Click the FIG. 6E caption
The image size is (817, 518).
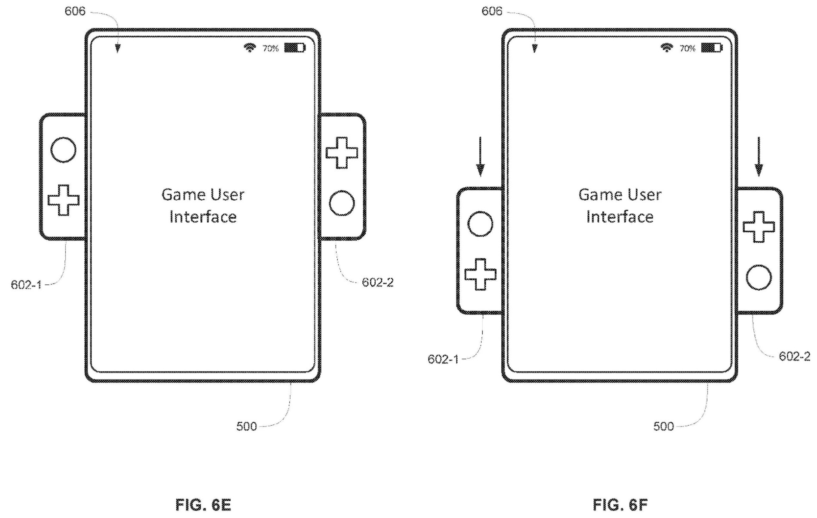point(203,505)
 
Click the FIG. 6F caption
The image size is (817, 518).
point(620,505)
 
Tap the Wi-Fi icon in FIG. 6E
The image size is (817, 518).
point(249,48)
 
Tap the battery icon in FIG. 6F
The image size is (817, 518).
point(711,48)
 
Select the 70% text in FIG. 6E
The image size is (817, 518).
point(270,49)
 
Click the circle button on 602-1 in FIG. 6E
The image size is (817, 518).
point(63,149)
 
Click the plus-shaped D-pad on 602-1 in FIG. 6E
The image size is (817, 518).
point(64,200)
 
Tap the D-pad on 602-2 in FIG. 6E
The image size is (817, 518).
point(342,153)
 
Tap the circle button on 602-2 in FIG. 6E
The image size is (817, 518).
point(342,203)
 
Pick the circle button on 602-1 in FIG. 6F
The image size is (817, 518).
point(480,224)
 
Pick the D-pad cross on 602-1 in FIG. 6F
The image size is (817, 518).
point(480,274)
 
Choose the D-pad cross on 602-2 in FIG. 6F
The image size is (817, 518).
point(759,227)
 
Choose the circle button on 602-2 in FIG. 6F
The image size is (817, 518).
point(759,277)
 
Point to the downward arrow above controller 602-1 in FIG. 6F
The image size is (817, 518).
point(480,156)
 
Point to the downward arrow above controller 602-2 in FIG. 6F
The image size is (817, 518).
point(759,156)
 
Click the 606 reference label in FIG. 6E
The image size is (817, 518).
point(75,11)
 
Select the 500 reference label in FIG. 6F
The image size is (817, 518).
point(663,427)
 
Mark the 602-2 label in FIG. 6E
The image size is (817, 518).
point(377,282)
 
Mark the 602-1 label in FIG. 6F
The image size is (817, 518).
point(443,359)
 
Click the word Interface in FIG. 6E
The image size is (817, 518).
point(203,217)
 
